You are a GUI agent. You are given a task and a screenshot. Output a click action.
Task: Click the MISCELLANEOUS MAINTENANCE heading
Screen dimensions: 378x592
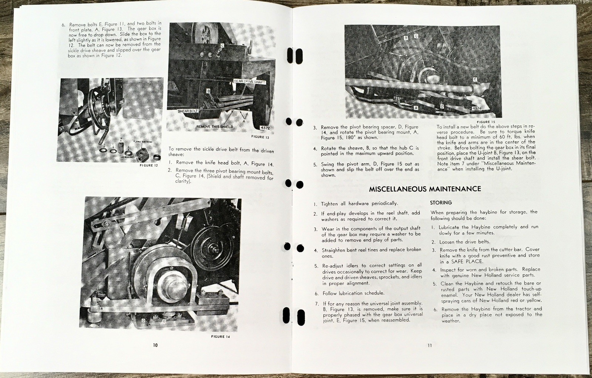[425, 189]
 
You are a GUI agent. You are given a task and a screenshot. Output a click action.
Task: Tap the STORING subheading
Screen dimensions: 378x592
[441, 203]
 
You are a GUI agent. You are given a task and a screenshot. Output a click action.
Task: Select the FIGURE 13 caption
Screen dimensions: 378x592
[260, 137]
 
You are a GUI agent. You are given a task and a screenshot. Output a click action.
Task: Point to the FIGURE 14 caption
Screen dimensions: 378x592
[221, 337]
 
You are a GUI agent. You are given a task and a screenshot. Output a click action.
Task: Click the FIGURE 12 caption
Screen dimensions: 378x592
[149, 165]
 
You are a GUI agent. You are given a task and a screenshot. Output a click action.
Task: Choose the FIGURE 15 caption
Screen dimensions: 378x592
[486, 122]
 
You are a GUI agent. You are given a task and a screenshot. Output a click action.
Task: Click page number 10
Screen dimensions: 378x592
[155, 345]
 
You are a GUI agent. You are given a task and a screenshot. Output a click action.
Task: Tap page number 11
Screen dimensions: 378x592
[430, 345]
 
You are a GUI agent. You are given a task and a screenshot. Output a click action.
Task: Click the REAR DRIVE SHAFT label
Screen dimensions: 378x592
[249, 81]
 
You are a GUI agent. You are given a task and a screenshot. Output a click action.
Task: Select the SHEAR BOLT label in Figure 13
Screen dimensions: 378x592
[188, 111]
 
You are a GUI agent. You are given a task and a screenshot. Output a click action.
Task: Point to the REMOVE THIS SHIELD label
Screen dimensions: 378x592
[215, 126]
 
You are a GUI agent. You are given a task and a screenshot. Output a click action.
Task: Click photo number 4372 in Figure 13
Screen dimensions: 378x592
[265, 128]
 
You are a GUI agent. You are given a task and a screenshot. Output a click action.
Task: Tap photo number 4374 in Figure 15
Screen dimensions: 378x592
[477, 108]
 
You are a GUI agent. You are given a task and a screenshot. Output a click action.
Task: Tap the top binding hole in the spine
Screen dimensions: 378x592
[295, 56]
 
